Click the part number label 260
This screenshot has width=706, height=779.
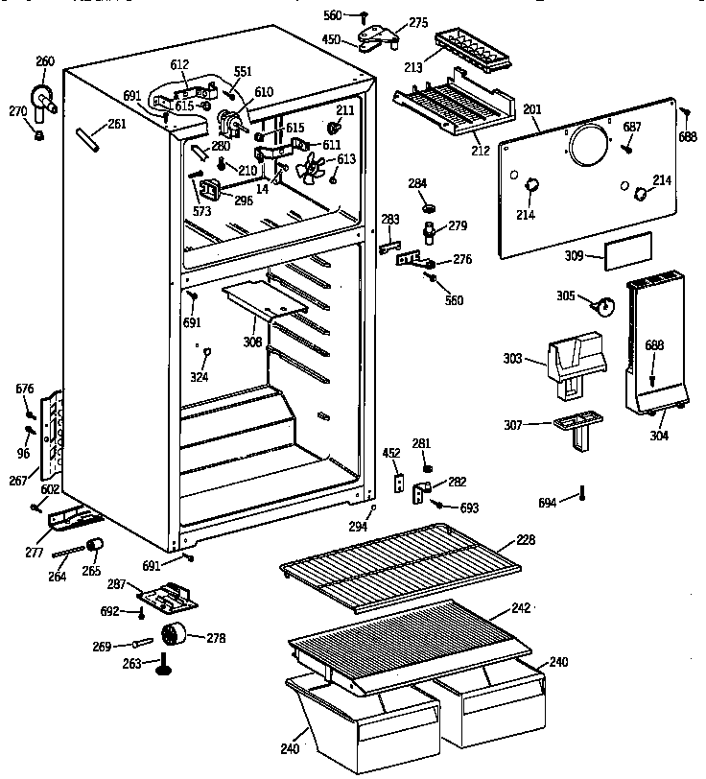45,62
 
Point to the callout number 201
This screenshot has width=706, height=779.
530,110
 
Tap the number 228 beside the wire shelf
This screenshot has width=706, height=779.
527,541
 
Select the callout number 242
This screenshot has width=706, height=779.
521,608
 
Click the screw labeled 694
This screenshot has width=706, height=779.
581,496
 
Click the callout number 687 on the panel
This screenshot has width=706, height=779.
632,127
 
